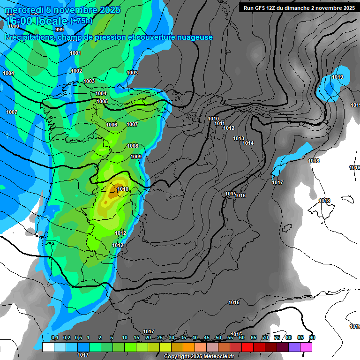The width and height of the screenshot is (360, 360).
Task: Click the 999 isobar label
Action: tap(60, 30)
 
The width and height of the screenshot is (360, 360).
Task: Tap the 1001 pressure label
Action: tap(75, 53)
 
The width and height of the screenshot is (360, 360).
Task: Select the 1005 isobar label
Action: tap(102, 101)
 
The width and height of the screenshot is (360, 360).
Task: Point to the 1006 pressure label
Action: tap(112, 125)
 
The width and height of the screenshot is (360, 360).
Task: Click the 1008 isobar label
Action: tap(133, 146)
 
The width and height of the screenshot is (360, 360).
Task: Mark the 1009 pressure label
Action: tap(136, 157)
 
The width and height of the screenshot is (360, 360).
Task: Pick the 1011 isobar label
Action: tap(220, 123)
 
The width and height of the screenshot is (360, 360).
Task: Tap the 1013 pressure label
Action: tap(239, 138)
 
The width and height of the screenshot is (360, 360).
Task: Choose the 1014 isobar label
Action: tap(248, 143)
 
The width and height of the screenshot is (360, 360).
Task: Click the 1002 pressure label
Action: tap(77, 71)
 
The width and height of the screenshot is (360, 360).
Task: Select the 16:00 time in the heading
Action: tap(20, 21)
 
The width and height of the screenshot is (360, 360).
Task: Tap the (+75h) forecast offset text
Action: tap(81, 21)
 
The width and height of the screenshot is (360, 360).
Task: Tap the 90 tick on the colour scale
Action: tap(312, 337)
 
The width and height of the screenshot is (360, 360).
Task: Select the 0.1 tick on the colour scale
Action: tap(54, 337)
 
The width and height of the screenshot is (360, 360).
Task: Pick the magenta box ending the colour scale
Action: tap(306, 347)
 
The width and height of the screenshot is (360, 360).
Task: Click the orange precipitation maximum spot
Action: tap(112, 190)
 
